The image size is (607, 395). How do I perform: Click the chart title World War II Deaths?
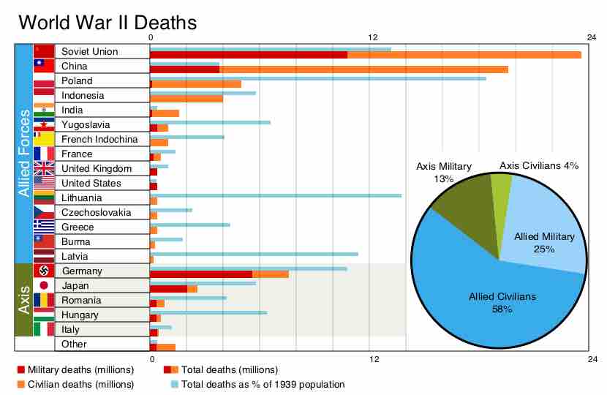108,23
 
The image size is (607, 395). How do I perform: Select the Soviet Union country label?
89,52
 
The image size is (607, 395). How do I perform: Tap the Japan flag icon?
44,286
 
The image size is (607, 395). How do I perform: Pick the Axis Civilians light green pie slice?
500,188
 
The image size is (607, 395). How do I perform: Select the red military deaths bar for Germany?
200,274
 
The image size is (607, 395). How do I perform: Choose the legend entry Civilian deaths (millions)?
75,384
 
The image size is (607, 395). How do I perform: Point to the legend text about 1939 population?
263,384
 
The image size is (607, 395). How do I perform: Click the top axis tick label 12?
372,37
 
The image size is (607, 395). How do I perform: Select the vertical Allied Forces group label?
23,154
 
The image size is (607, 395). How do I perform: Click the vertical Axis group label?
23,300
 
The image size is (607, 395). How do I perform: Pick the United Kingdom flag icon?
44,169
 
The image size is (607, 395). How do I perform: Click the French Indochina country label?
99,140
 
